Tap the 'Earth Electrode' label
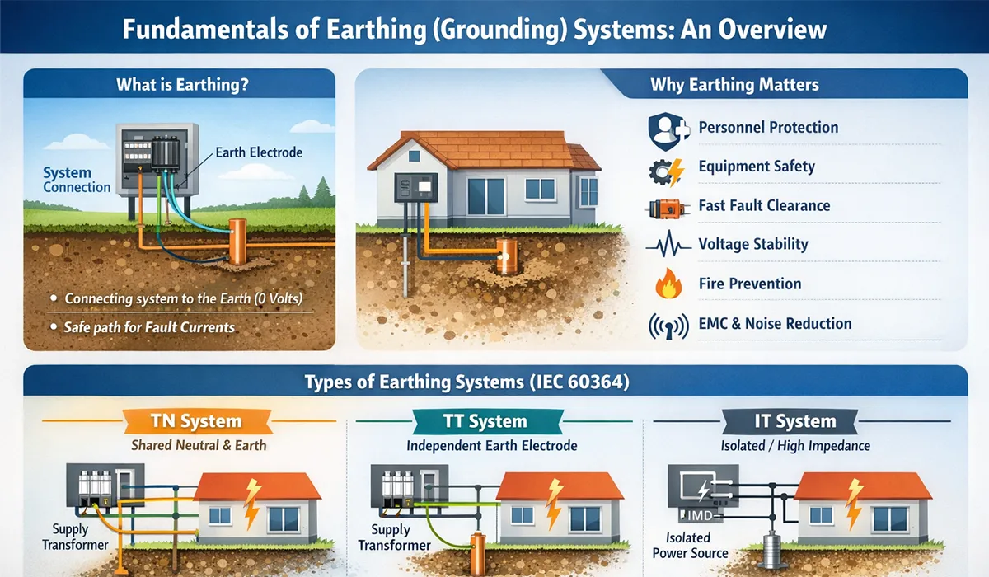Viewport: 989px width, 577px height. click(259, 152)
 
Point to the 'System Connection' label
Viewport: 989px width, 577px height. click(77, 181)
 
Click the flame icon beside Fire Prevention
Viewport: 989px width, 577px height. click(666, 284)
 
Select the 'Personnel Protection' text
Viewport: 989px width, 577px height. click(768, 128)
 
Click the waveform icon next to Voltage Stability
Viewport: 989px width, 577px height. click(666, 245)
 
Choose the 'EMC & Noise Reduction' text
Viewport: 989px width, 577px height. click(775, 323)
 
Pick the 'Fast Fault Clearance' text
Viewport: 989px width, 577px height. click(764, 205)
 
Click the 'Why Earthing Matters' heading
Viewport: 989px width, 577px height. click(734, 84)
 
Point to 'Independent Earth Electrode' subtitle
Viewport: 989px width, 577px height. click(491, 446)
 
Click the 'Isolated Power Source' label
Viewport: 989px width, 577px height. click(690, 546)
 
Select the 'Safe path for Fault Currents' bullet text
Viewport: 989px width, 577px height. click(149, 327)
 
